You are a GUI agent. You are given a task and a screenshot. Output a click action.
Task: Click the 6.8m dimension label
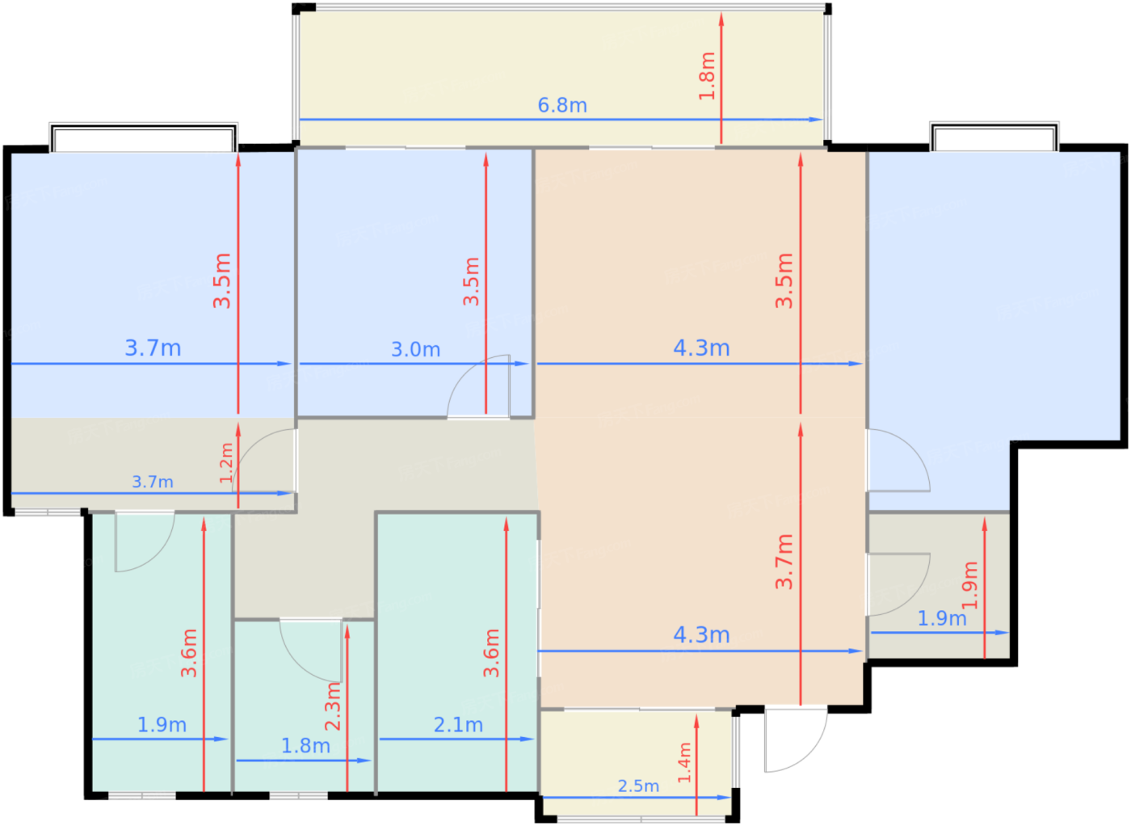pyautogui.click(x=562, y=106)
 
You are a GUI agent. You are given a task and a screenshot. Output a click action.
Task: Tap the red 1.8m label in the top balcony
pyautogui.click(x=707, y=76)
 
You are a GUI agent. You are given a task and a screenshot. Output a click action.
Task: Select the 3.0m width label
pyautogui.click(x=415, y=350)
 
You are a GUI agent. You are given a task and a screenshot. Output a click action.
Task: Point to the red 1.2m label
pyautogui.click(x=225, y=463)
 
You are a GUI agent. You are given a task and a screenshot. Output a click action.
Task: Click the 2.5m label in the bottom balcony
pyautogui.click(x=638, y=786)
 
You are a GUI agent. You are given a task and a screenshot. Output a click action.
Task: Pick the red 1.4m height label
pyautogui.click(x=684, y=762)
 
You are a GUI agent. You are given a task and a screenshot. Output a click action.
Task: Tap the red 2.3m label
pyautogui.click(x=333, y=706)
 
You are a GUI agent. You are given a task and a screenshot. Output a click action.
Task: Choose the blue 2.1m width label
pyautogui.click(x=458, y=725)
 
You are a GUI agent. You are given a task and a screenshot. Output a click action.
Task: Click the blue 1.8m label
pyautogui.click(x=305, y=746)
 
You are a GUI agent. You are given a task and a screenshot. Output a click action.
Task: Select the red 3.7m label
pyautogui.click(x=784, y=562)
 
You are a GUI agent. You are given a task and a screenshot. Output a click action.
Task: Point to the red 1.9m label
pyautogui.click(x=969, y=585)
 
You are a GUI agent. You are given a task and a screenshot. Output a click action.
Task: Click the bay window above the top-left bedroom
pyautogui.click(x=144, y=137)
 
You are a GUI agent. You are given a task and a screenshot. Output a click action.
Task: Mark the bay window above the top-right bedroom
pyautogui.click(x=994, y=137)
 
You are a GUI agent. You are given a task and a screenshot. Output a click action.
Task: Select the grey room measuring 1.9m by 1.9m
pyautogui.click(x=939, y=586)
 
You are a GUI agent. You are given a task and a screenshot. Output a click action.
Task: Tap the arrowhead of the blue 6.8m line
pyautogui.click(x=817, y=120)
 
